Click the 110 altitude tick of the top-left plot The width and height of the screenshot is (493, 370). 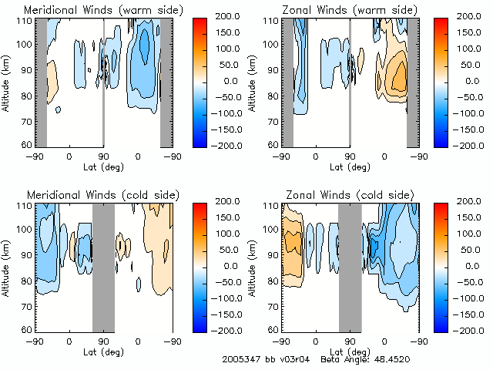[x=28, y=21]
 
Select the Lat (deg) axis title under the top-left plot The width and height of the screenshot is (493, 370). [x=103, y=166]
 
